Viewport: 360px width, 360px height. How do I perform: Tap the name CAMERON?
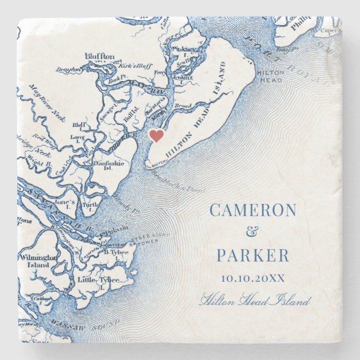tap(253, 210)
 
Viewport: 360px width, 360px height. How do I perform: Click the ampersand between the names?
tap(253, 233)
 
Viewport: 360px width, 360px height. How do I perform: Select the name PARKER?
tap(253, 255)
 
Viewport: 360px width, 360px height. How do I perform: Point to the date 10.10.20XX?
tap(253, 278)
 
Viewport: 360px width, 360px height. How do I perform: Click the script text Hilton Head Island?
tap(254, 301)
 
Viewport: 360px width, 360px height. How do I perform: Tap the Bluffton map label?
tap(100, 56)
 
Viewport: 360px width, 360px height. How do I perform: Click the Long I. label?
tap(78, 138)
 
